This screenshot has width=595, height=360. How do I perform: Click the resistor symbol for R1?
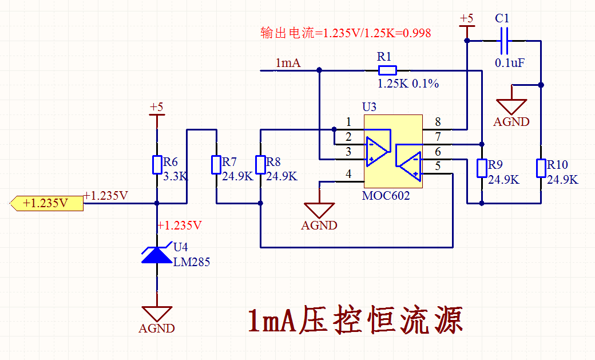(x=387, y=70)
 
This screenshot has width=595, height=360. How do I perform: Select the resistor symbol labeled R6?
(x=157, y=165)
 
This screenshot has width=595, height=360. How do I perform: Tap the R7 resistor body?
(x=216, y=165)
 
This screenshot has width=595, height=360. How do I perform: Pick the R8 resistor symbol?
(x=260, y=165)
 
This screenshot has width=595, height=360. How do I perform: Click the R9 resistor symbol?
(x=482, y=168)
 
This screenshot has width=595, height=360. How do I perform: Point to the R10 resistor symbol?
(x=541, y=168)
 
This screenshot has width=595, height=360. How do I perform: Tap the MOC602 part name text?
(x=386, y=195)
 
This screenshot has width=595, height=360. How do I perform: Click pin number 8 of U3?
(x=438, y=122)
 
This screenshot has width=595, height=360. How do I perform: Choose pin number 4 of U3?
(x=348, y=175)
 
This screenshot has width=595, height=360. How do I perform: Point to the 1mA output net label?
(x=288, y=63)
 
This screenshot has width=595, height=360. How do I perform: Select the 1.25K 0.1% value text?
(x=408, y=84)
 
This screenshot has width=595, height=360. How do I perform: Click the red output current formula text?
(x=346, y=33)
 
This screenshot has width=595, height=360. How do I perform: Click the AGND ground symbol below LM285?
(x=157, y=314)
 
